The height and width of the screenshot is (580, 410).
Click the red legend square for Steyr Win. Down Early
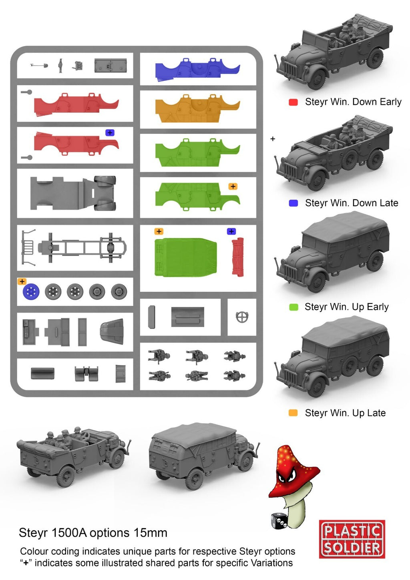[x=293, y=102]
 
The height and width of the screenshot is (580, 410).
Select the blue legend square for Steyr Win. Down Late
[x=293, y=203]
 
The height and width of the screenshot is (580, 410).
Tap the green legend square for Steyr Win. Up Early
[x=293, y=307]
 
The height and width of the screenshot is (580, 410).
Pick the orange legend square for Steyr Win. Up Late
[x=293, y=413]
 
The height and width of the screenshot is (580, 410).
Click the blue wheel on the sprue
[x=31, y=292]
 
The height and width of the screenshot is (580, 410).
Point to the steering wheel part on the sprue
[x=242, y=317]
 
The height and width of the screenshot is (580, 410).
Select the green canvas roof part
[x=185, y=257]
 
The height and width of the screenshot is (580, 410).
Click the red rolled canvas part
[x=238, y=257]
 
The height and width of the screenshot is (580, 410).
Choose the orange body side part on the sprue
[x=197, y=108]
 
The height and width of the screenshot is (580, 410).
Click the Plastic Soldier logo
[x=352, y=539]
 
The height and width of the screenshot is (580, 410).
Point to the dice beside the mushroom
[x=278, y=520]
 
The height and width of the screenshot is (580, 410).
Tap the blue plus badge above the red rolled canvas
[x=231, y=231]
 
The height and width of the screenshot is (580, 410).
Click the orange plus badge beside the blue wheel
[x=22, y=281]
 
